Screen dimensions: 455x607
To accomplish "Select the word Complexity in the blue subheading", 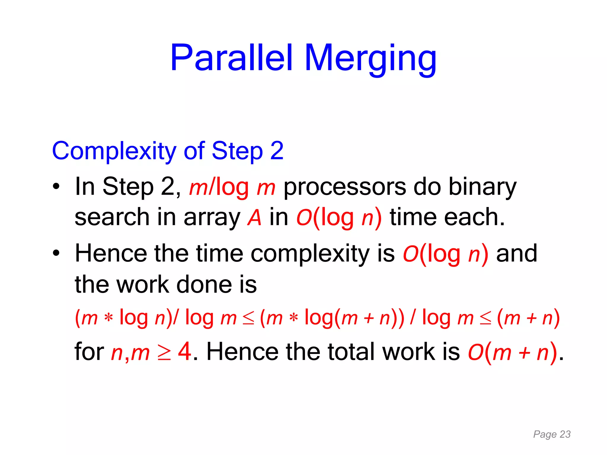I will pos(114,151).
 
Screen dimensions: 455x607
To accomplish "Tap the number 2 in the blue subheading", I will pos(277,150).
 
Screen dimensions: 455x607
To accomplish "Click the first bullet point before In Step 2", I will pos(56,187).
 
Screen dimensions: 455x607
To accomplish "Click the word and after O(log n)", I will pos(516,254).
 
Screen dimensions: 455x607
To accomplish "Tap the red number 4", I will pos(185,352).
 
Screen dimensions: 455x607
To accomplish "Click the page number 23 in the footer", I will pos(565,434).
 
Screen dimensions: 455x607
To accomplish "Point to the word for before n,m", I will pos(89,352).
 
